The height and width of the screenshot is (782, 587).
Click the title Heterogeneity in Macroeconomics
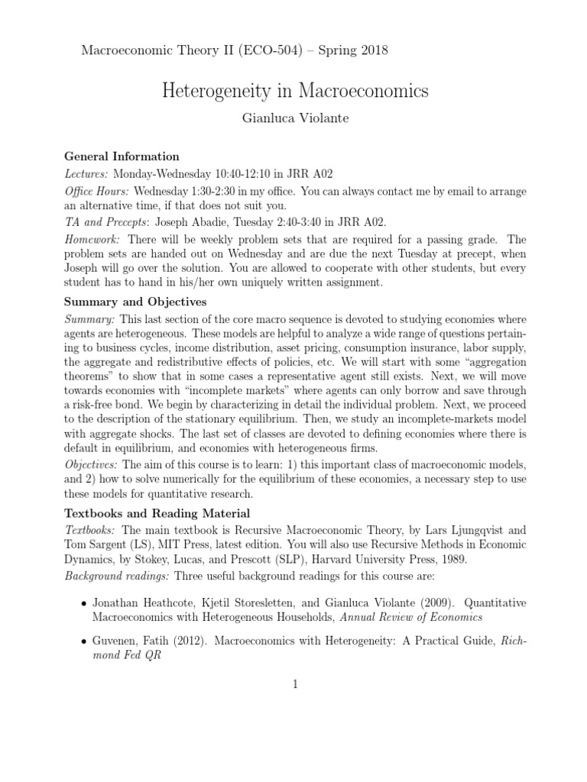pyautogui.click(x=296, y=92)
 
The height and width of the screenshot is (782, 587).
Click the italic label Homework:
pyautogui.click(x=92, y=239)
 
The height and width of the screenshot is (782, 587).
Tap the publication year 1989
pyautogui.click(x=431, y=558)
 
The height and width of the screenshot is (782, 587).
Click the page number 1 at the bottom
pyautogui.click(x=293, y=683)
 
